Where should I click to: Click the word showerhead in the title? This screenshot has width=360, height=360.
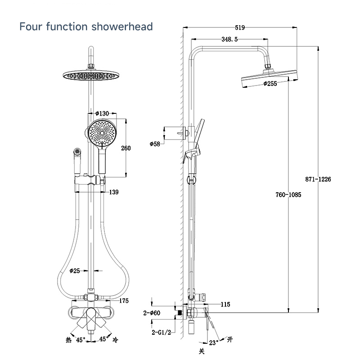click(122, 27)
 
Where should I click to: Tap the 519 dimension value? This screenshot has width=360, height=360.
click(240, 27)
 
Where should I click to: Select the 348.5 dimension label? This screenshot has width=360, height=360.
click(229, 39)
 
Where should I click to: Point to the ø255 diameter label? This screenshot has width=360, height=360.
click(270, 83)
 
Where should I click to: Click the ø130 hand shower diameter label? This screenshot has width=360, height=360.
click(102, 113)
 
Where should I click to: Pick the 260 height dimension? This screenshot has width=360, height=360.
click(126, 148)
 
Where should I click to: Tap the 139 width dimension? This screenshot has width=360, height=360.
click(114, 192)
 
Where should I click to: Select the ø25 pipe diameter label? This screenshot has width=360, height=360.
click(75, 271)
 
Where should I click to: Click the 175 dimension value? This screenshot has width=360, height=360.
click(124, 301)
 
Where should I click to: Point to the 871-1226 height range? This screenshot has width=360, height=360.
click(318, 179)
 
